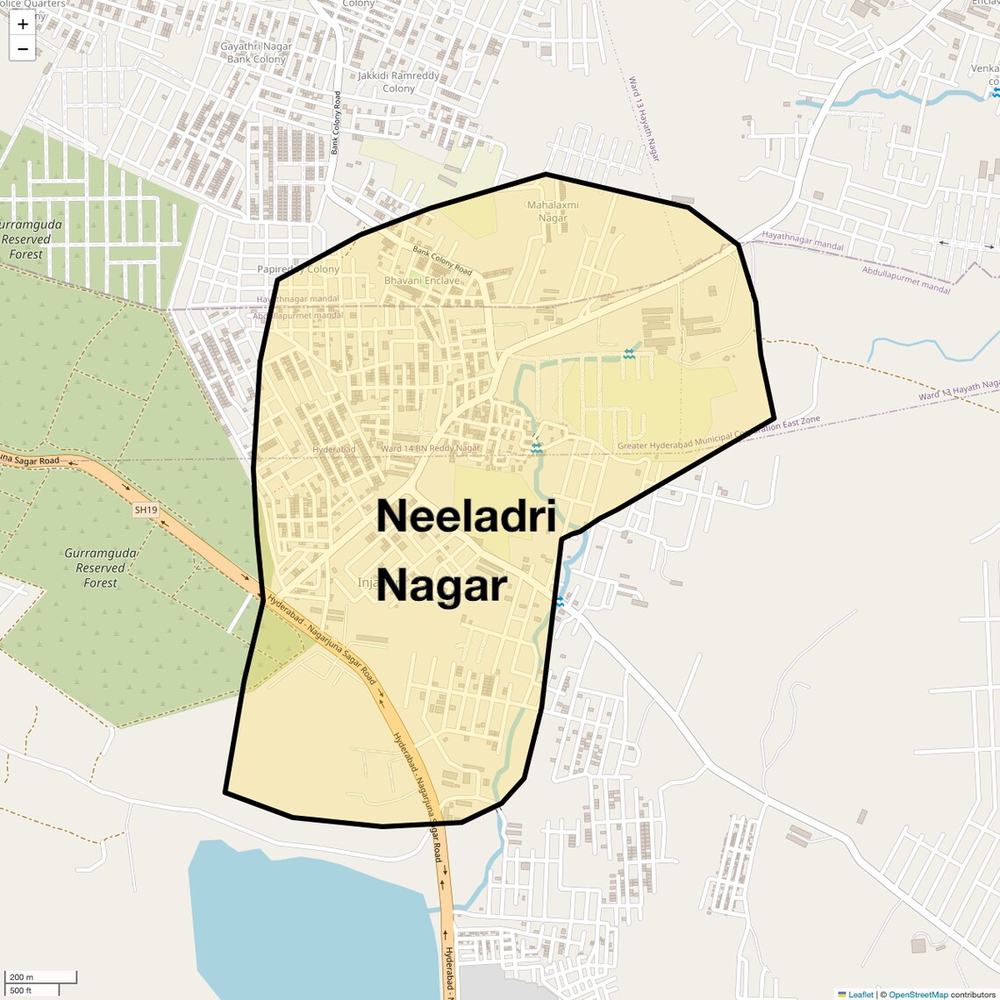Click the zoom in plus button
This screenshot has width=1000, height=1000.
pos(23,25)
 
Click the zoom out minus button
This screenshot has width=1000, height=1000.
pos(23,49)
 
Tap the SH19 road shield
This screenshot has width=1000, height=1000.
pos(146,510)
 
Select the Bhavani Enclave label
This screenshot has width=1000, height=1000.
pos(421,281)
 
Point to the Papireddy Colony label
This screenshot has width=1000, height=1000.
pos(298,269)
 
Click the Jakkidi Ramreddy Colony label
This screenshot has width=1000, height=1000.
pos(398,82)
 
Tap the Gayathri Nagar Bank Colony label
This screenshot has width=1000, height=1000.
pos(256,53)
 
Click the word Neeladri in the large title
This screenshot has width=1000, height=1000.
pos(466,516)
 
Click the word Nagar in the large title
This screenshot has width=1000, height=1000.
pos(441,586)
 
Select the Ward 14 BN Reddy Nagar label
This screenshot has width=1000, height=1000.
pos(430,448)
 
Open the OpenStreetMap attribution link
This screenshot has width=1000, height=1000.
pos(918,994)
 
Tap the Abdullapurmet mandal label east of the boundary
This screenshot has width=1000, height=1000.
pos(905,281)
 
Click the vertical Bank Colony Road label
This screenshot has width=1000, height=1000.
pos(336,123)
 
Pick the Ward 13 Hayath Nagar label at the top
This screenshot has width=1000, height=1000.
pos(644,118)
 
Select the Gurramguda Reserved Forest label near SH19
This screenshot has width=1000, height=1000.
pos(100,568)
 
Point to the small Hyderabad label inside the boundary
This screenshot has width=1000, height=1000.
pos(333,449)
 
